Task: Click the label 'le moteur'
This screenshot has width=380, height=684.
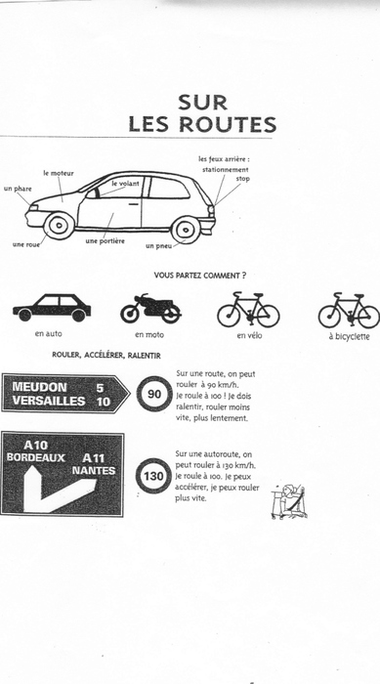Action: click(x=59, y=173)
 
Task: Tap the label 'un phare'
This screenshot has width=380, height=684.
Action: click(x=18, y=189)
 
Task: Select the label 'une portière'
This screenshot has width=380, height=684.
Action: click(x=106, y=240)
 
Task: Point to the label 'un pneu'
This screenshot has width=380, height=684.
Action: click(x=159, y=246)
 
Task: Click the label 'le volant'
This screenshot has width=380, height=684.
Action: click(x=126, y=184)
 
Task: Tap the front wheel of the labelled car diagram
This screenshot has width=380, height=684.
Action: click(x=59, y=226)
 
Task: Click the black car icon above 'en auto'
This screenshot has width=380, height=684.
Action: click(x=52, y=308)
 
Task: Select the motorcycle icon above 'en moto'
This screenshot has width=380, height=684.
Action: click(x=150, y=308)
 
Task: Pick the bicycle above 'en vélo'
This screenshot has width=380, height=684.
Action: click(x=248, y=310)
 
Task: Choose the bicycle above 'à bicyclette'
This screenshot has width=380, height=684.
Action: click(x=349, y=310)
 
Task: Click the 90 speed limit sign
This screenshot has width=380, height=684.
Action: click(x=154, y=394)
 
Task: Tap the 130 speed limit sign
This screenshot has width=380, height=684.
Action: click(x=153, y=476)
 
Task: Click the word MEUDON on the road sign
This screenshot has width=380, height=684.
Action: click(x=40, y=387)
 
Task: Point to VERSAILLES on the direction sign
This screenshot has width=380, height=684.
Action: click(x=49, y=401)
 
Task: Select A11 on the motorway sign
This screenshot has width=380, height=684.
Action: click(x=94, y=458)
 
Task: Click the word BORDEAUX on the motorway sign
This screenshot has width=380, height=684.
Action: click(x=36, y=457)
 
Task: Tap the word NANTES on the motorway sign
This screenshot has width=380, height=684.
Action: click(x=94, y=471)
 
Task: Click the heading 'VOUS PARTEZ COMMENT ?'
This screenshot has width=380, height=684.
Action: click(x=200, y=276)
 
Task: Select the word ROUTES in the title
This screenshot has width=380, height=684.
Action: click(x=228, y=124)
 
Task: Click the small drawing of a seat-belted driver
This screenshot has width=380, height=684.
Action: click(x=289, y=501)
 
